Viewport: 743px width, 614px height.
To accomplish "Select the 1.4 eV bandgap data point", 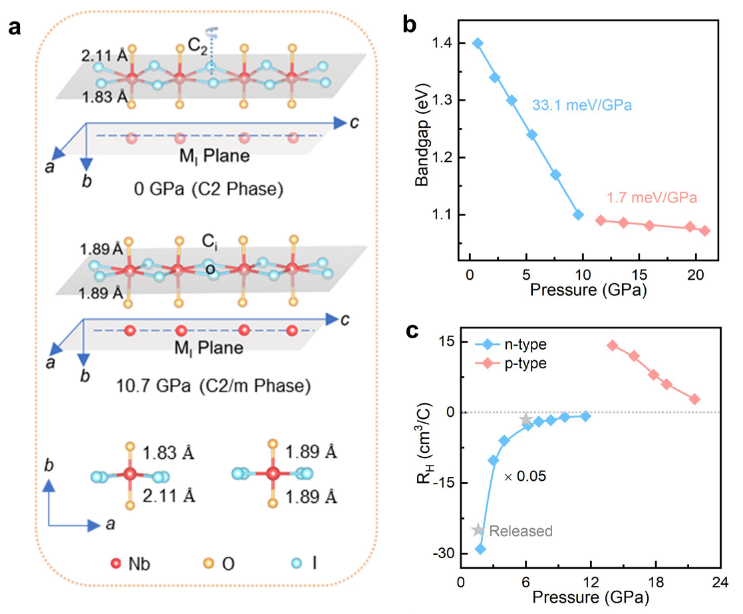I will [x=478, y=43].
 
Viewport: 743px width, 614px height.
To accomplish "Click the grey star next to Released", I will [x=478, y=530].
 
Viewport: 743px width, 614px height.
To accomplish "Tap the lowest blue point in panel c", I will [x=480, y=549].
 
